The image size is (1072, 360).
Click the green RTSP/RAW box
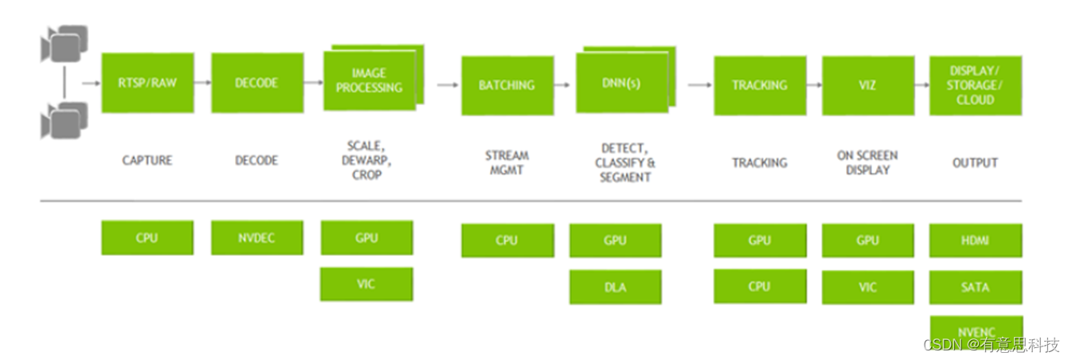tap(147, 83)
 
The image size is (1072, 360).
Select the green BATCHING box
tap(507, 85)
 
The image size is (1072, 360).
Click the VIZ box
tap(867, 85)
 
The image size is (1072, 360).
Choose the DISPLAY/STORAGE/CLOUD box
tap(975, 85)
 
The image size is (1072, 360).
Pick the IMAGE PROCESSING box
tap(369, 81)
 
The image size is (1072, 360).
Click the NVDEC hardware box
tap(256, 238)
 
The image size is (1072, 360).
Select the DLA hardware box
tap(615, 287)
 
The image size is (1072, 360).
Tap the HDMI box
tap(975, 241)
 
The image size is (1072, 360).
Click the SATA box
tap(975, 287)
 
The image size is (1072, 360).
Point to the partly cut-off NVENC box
tap(975, 328)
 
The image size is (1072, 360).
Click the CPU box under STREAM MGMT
tap(507, 241)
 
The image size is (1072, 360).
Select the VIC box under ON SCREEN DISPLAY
tap(867, 287)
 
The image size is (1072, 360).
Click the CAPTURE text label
tap(147, 161)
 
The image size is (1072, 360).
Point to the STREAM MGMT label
tap(507, 162)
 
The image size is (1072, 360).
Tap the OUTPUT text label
tap(975, 162)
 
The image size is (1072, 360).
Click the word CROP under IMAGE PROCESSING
tap(367, 175)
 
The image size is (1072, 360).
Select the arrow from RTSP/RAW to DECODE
tap(202, 82)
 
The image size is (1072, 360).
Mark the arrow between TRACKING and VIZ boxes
tap(814, 84)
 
